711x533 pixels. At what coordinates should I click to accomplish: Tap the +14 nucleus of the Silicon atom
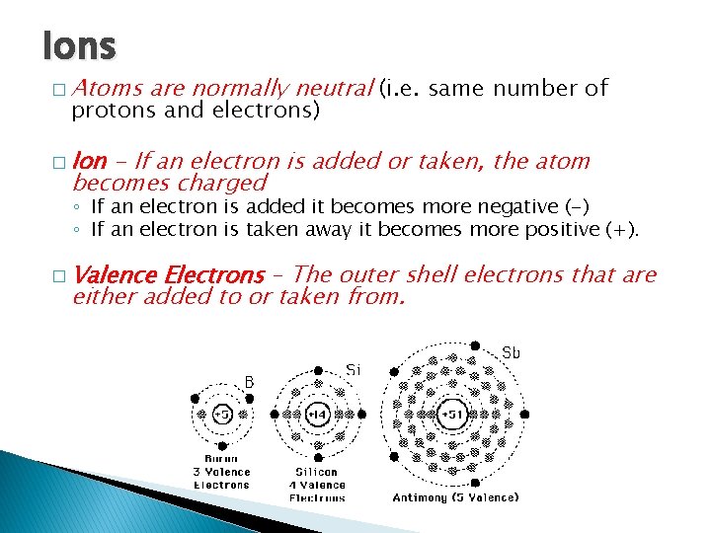tap(316, 416)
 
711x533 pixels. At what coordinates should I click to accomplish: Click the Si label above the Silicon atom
tap(354, 369)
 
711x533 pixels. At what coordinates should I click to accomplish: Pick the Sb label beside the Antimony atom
tap(512, 352)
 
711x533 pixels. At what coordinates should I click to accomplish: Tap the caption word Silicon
tap(317, 472)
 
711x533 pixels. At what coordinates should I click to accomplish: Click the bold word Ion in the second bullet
tap(90, 161)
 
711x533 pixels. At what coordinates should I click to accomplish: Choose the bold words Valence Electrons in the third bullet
tap(169, 274)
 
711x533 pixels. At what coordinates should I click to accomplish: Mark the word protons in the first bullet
tap(106, 111)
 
